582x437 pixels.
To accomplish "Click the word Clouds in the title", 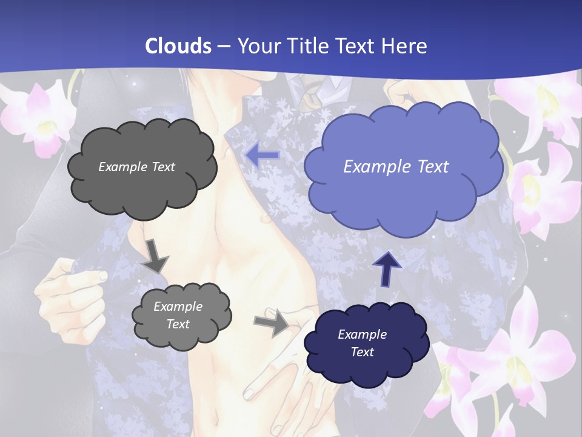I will point(178,46).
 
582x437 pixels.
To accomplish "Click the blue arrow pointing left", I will point(263,156).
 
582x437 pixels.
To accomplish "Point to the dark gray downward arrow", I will point(156,256).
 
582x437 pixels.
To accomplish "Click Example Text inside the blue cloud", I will point(396,166).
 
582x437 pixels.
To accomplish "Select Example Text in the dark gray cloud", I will point(137,167).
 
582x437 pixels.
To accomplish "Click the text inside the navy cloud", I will point(363,343).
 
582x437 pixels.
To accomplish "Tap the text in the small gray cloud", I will point(178,315).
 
